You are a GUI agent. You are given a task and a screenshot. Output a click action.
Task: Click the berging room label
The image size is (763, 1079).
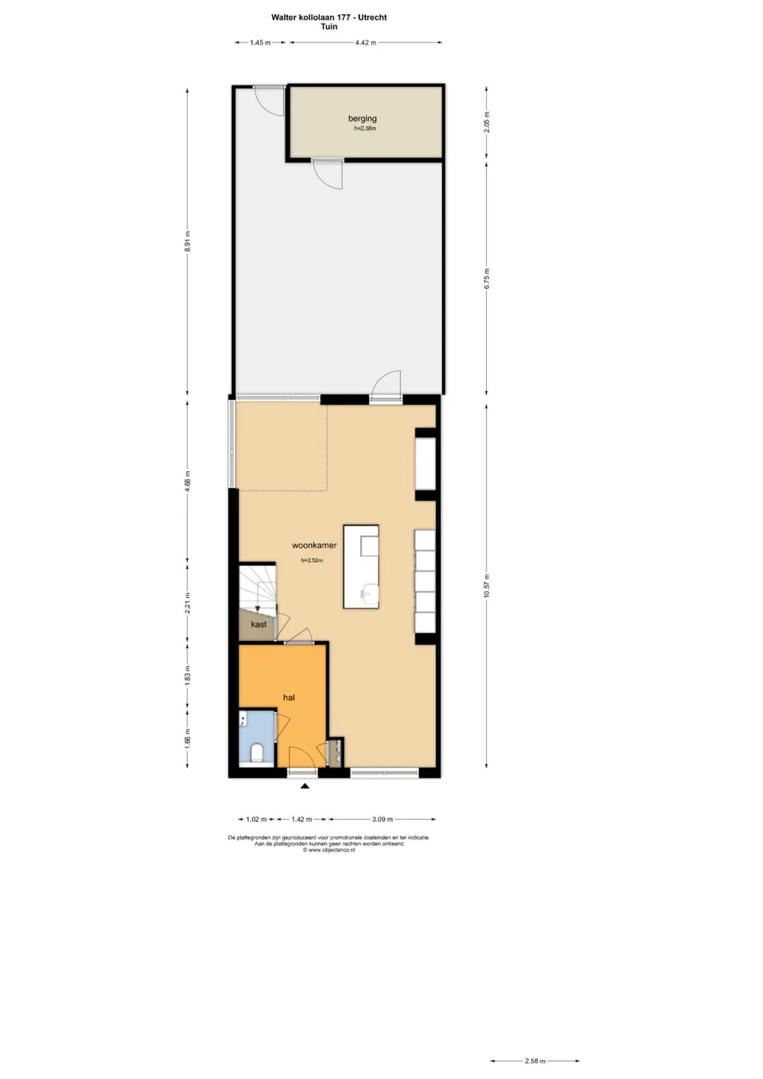[x=362, y=119]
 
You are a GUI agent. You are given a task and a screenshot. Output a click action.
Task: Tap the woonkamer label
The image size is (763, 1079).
[x=314, y=546]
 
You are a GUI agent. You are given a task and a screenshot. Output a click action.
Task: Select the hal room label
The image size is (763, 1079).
[x=289, y=697]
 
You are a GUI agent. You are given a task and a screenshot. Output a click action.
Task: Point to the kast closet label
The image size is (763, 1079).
[x=259, y=624]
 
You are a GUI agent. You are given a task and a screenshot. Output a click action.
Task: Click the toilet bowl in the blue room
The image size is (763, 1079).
[x=256, y=753]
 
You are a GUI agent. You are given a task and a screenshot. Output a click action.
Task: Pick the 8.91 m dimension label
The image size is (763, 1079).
[x=188, y=241]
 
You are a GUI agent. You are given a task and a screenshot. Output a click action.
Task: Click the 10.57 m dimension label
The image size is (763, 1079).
[x=487, y=586]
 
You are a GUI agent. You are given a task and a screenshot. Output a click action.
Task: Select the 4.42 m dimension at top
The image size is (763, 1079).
[x=366, y=42]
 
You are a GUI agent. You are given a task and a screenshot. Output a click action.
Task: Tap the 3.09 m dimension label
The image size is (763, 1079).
[x=382, y=819]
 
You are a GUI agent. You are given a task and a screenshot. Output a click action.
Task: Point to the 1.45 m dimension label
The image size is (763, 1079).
[x=260, y=42]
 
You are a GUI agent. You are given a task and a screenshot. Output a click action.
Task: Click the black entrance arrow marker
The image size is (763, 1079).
[x=305, y=786]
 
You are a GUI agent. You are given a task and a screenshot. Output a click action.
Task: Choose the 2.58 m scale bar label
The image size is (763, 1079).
[x=536, y=1061]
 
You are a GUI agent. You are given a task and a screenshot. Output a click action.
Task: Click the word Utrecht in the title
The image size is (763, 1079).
[x=372, y=18]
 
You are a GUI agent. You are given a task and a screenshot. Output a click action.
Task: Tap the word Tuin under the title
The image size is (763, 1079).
[x=329, y=26]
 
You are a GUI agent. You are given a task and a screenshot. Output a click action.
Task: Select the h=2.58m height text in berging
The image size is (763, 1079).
[x=365, y=129]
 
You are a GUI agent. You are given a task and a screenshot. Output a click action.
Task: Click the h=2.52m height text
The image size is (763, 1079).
[x=312, y=560]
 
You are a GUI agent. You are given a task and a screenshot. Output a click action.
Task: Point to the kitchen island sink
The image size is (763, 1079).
[x=369, y=591]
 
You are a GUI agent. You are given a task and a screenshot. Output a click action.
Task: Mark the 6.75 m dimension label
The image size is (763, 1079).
[x=487, y=278]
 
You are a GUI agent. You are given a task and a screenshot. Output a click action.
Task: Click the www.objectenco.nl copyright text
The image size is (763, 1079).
[x=329, y=850]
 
